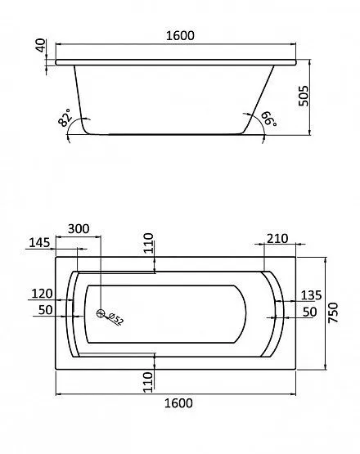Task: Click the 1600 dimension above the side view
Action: click(180, 35)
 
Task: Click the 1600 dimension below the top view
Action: click(178, 403)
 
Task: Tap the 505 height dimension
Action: click(304, 97)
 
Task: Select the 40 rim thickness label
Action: click(41, 45)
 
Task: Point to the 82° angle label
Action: click(65, 118)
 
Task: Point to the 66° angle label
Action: click(269, 119)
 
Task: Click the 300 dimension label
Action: click(79, 229)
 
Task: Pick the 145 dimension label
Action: click(39, 243)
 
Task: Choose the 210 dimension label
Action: click(277, 239)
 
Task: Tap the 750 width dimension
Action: click(333, 312)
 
